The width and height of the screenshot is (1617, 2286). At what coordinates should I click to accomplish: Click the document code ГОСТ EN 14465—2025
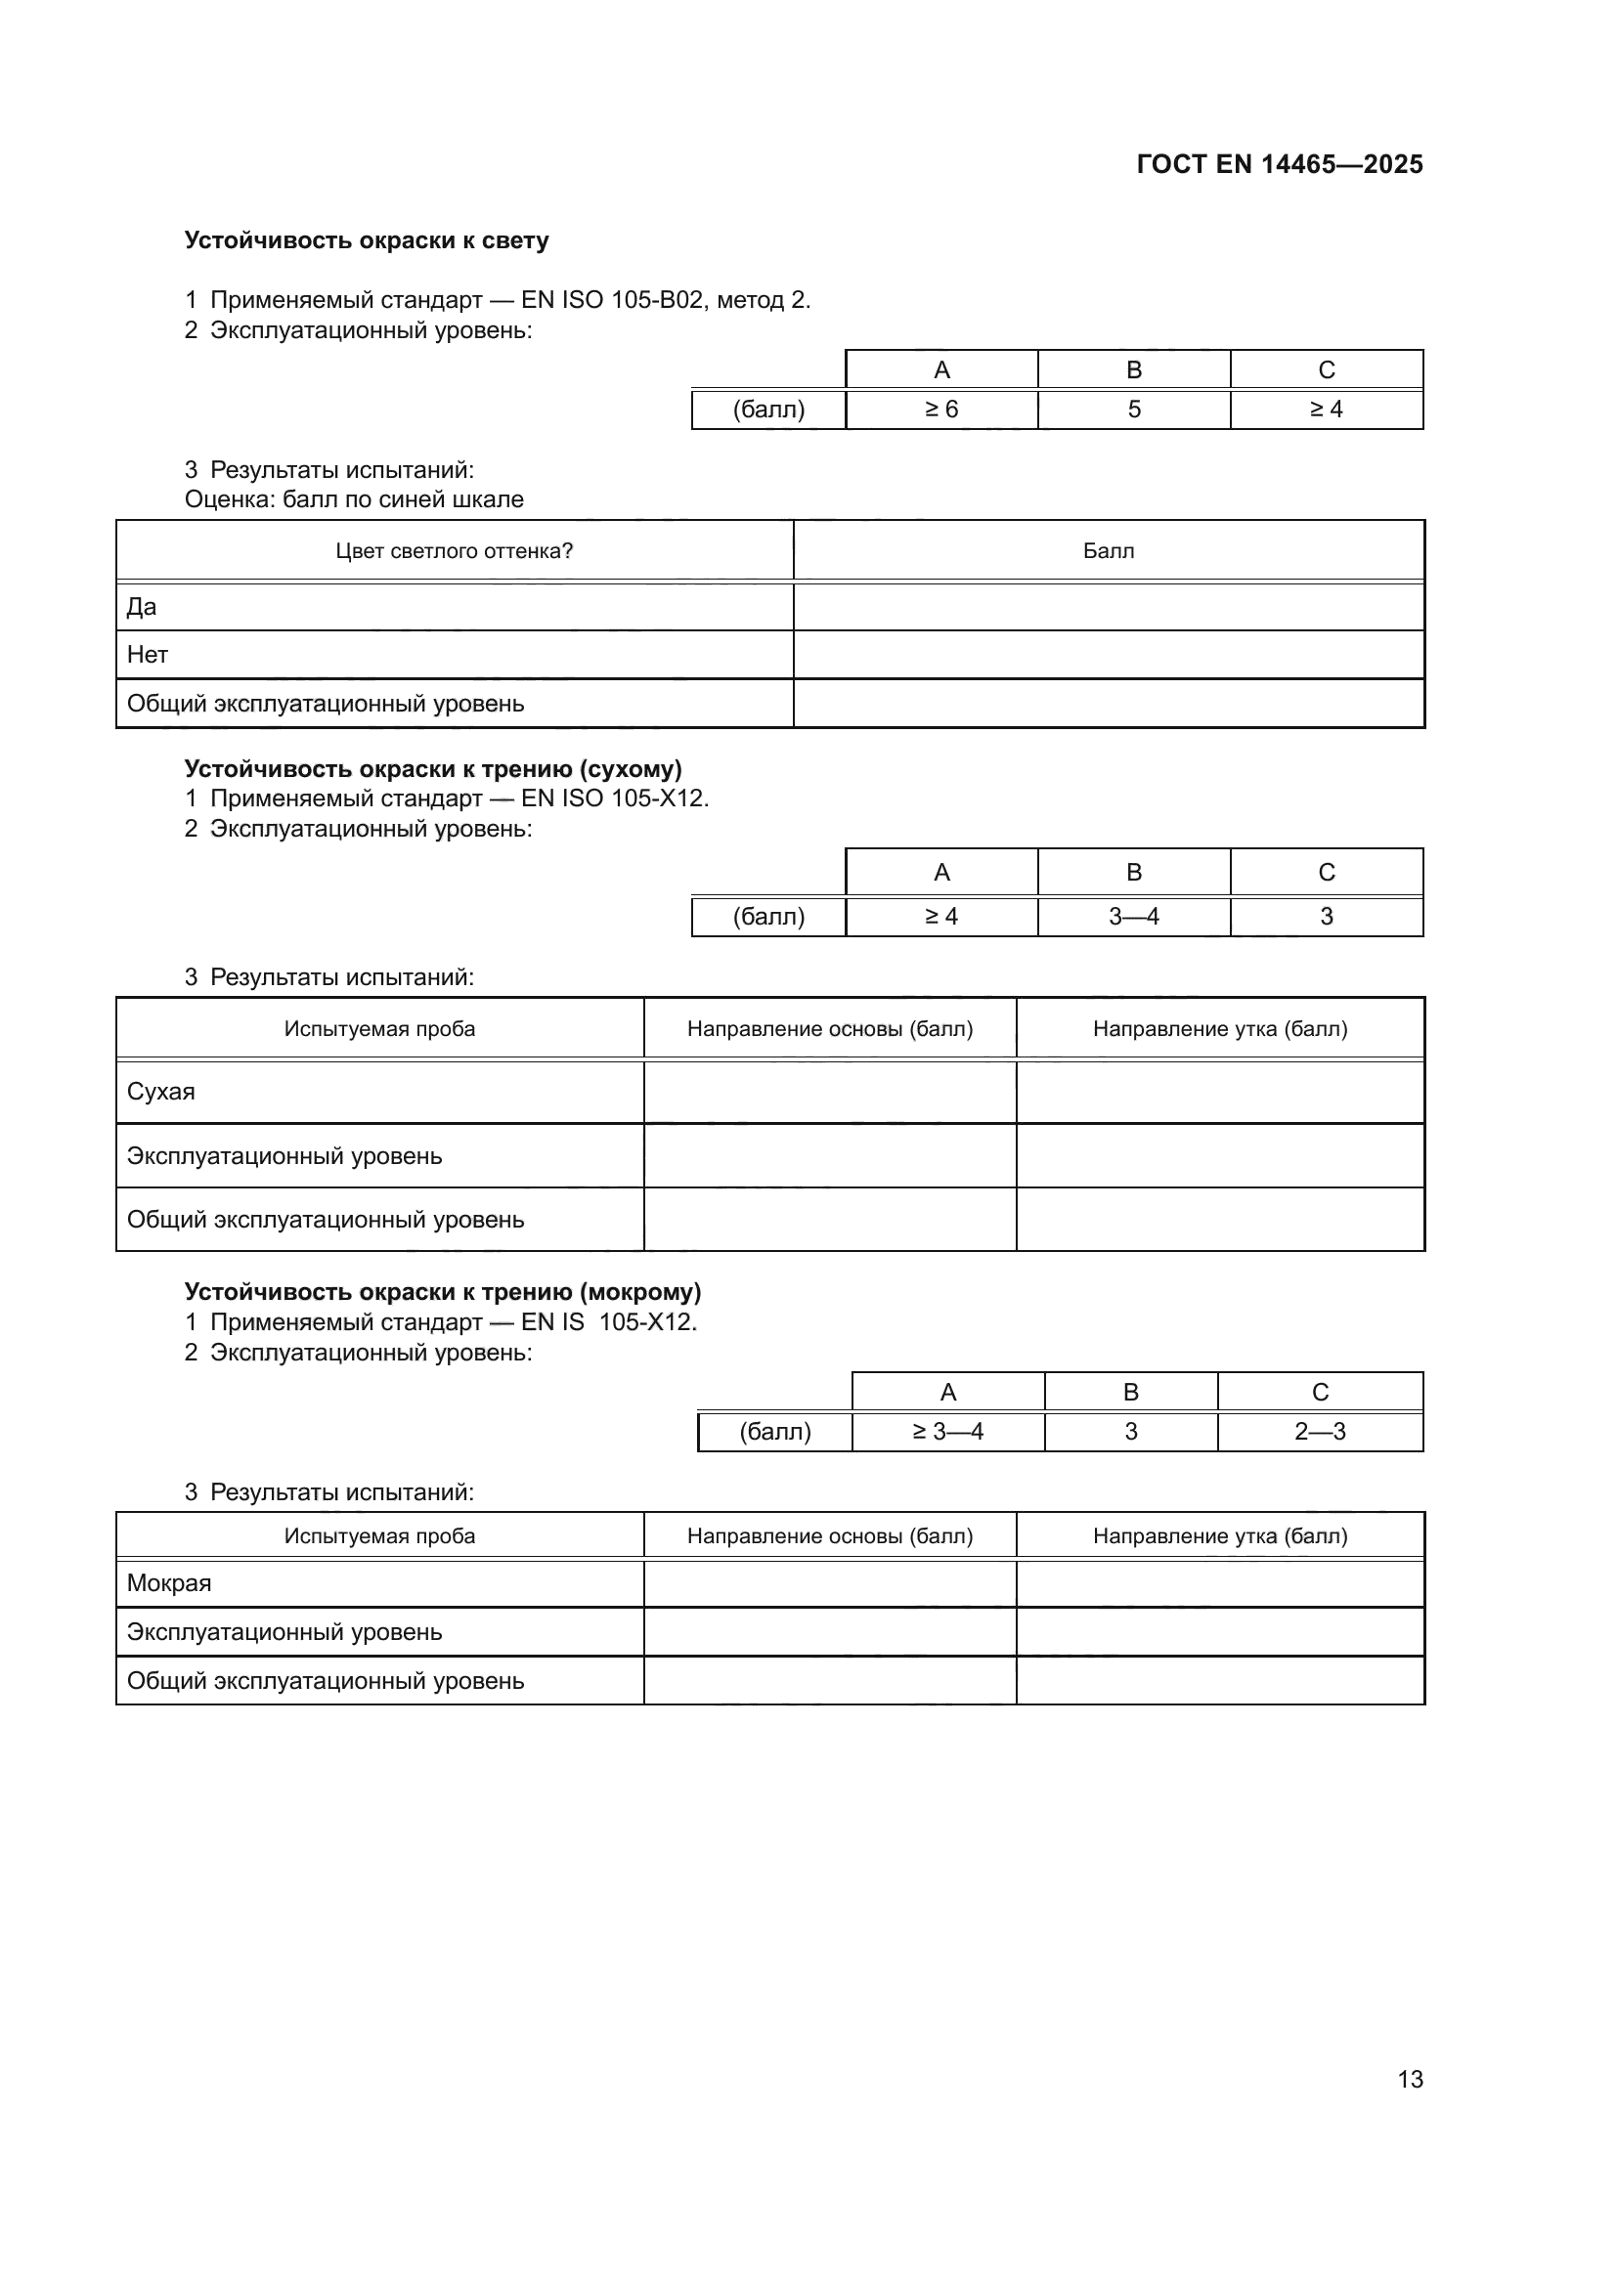[x=1279, y=164]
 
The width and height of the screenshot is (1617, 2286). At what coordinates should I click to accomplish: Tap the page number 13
[x=1410, y=2079]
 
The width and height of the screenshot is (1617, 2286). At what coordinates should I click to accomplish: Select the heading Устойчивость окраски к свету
[x=367, y=241]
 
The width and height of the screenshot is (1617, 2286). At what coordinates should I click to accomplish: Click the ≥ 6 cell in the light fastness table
[x=940, y=410]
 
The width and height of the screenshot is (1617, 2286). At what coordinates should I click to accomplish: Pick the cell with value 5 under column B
[x=1133, y=410]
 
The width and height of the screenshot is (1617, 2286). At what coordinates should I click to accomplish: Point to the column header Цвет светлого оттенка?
[x=454, y=550]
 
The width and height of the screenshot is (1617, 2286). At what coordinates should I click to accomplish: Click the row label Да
[x=142, y=607]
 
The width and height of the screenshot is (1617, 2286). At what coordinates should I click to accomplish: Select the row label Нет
[x=148, y=655]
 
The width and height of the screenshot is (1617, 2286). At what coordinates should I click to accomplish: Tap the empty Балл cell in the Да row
[x=1108, y=607]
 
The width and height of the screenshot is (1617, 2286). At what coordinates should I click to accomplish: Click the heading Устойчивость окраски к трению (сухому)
[x=433, y=768]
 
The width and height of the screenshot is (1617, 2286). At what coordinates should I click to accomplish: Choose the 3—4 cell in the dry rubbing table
[x=1133, y=917]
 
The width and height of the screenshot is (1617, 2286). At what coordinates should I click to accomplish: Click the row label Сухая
[x=161, y=1093]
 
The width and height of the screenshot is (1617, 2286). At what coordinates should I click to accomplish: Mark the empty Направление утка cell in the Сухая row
[x=1219, y=1093]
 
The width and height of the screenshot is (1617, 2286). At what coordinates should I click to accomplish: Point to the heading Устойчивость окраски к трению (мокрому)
[x=443, y=1292]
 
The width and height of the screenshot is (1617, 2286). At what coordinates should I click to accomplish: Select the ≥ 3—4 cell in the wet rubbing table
[x=948, y=1432]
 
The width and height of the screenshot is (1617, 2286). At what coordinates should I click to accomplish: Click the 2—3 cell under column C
[x=1319, y=1432]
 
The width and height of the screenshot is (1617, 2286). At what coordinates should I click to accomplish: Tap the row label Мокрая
[x=169, y=1583]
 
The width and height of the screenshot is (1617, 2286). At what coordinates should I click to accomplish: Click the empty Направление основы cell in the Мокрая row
[x=829, y=1583]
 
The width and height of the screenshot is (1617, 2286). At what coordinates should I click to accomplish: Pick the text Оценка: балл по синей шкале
[x=354, y=499]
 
